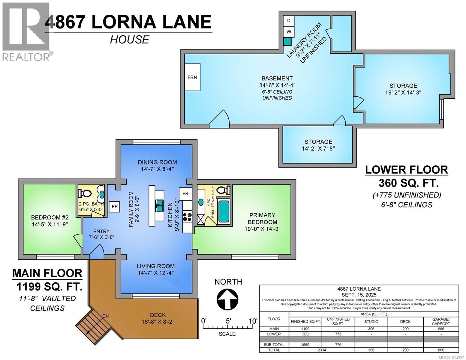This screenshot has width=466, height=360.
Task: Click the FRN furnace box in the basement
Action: pyautogui.click(x=192, y=77)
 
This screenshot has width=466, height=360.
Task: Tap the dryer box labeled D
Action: pyautogui.click(x=289, y=21)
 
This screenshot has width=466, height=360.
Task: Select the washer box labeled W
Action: pyautogui.click(x=289, y=31)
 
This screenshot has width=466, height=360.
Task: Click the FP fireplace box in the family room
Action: pyautogui.click(x=115, y=206)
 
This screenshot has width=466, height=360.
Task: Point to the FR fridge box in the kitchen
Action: pyautogui.click(x=185, y=193)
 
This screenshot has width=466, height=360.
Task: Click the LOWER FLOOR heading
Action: pyautogui.click(x=406, y=170)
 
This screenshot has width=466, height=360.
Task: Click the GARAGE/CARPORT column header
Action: pyautogui.click(x=441, y=322)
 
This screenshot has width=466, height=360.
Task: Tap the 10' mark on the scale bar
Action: pyautogui.click(x=253, y=321)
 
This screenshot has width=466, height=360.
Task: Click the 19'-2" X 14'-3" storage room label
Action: pyautogui.click(x=403, y=89)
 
